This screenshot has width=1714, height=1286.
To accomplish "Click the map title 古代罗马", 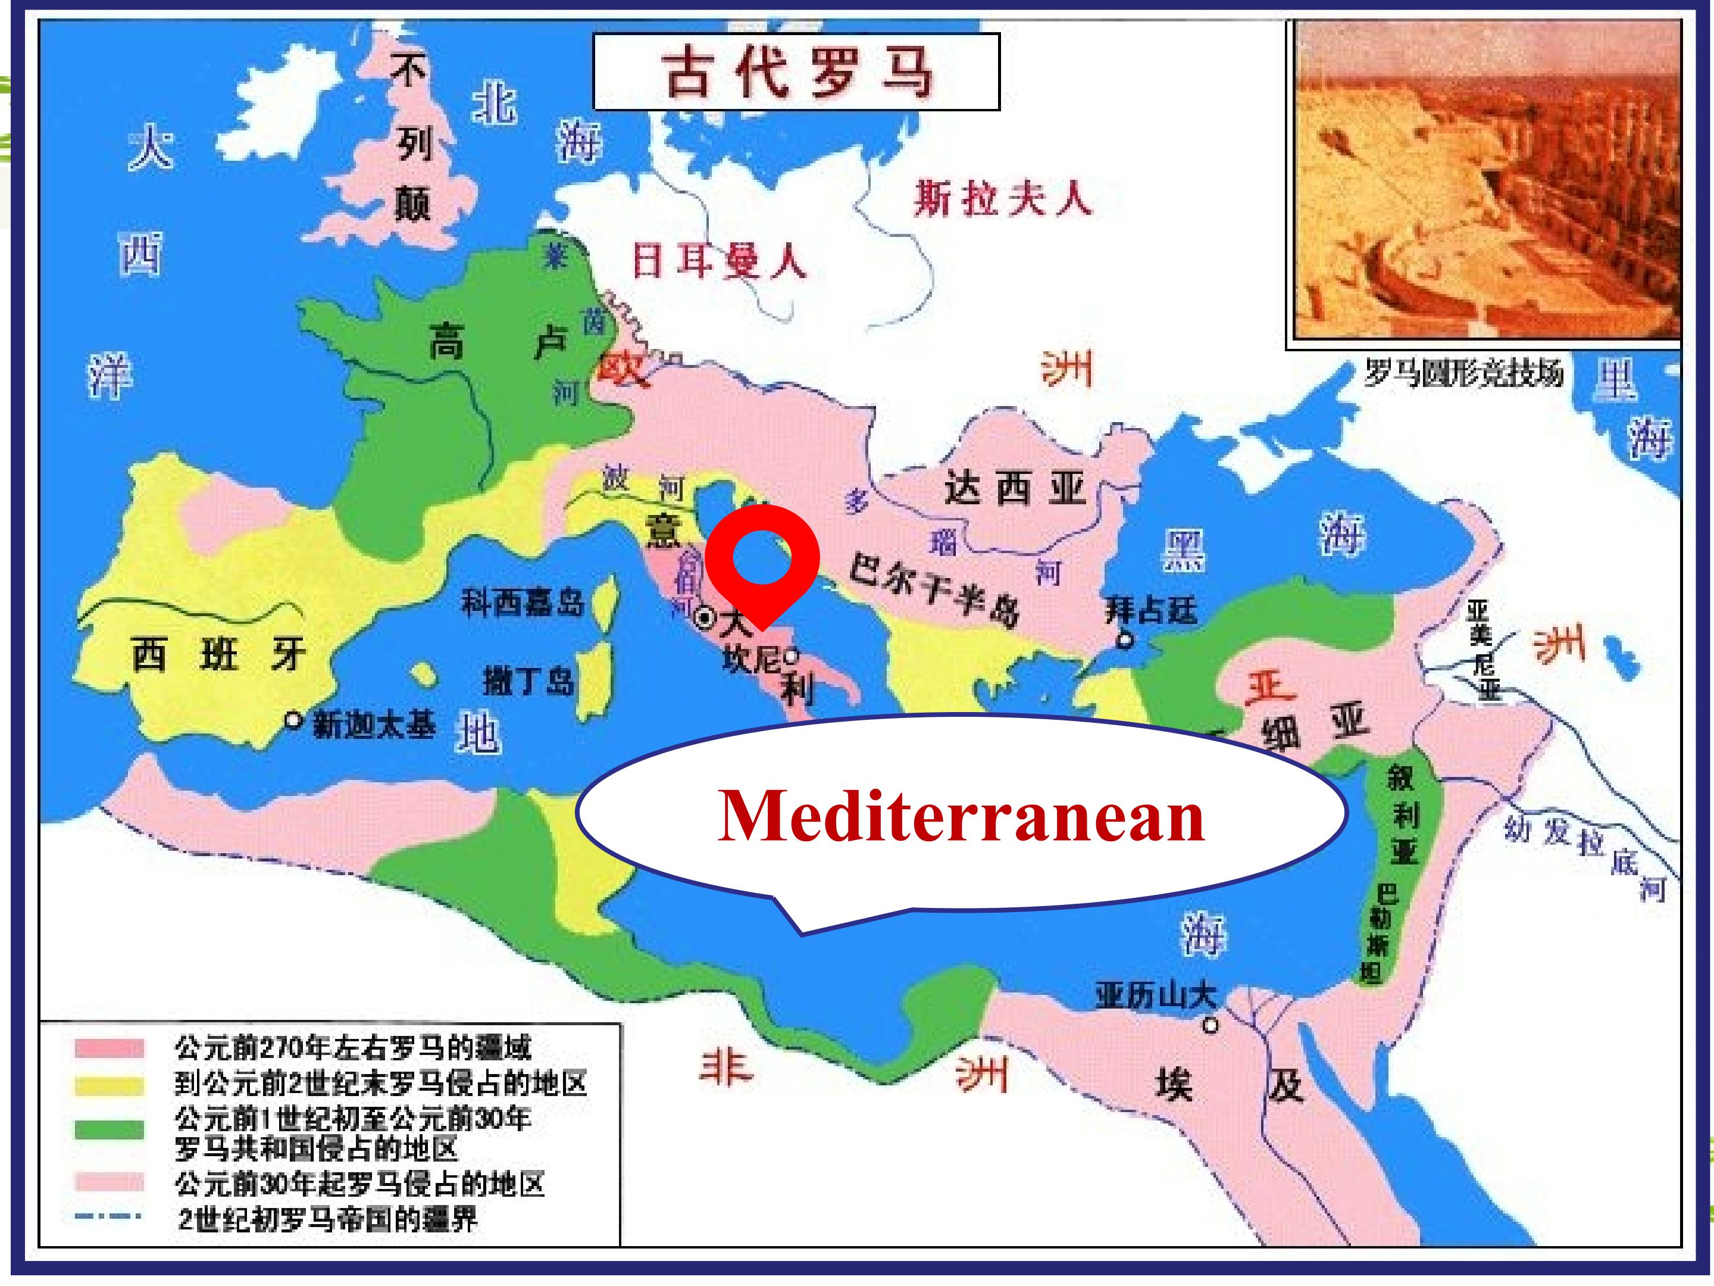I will point(796,72).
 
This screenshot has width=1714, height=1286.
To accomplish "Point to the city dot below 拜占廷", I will point(1124,640).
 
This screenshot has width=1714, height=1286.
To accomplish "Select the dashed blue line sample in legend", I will point(108,1216).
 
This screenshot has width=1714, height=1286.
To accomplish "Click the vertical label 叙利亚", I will point(1403,814).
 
